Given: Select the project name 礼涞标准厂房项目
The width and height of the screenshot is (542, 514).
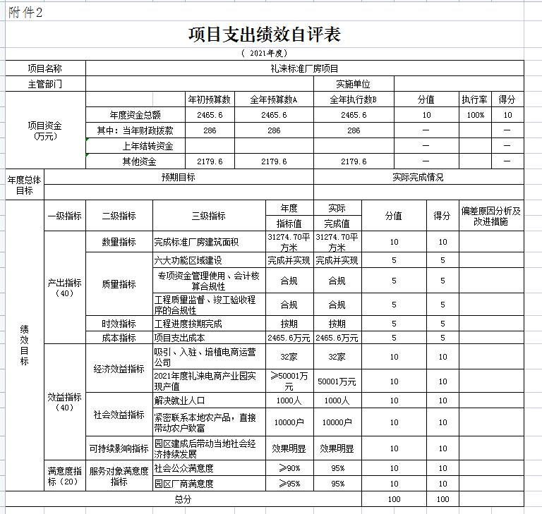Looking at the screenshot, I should [304, 68].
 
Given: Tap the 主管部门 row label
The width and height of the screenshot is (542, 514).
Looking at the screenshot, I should [44, 84].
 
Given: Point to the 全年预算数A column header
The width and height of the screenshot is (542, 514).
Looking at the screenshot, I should [274, 99].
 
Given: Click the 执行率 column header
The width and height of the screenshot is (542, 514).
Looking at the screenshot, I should [475, 99].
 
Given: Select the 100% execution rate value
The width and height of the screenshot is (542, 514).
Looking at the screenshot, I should [475, 115].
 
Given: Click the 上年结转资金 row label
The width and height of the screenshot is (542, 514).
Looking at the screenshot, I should [147, 146].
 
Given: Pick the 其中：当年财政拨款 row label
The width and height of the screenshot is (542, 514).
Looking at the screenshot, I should [140, 130].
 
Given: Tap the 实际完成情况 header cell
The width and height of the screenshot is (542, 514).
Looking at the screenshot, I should [418, 178].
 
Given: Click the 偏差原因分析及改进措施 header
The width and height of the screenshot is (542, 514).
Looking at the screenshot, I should [491, 216].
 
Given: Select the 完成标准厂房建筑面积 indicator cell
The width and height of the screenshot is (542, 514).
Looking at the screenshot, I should [197, 242].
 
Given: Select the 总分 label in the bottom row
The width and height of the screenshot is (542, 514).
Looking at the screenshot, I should [183, 499].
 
